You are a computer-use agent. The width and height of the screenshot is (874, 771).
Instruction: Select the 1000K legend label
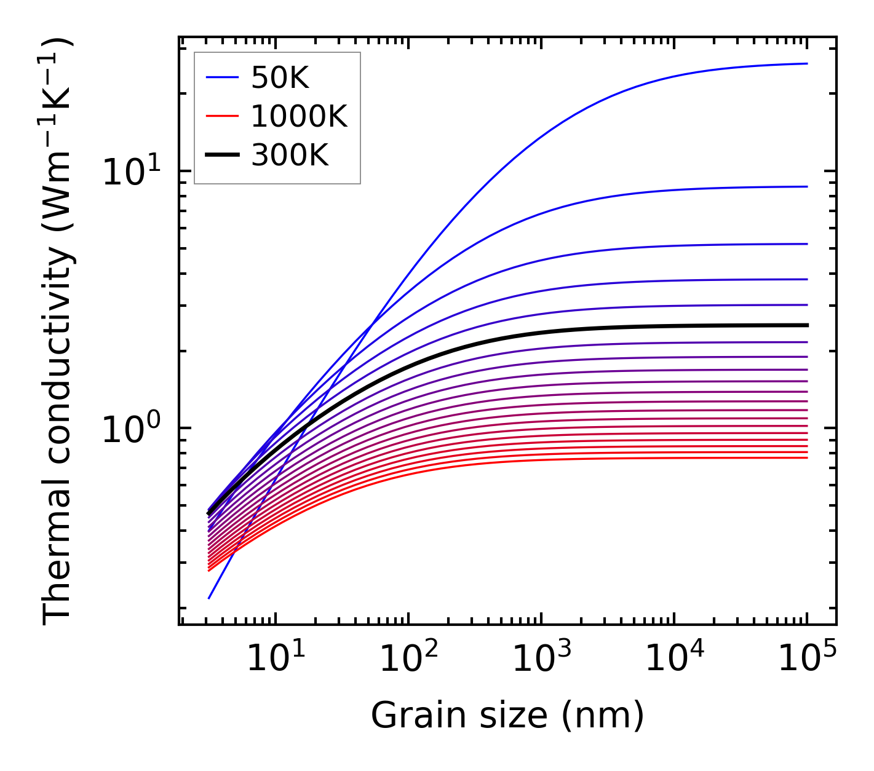299,116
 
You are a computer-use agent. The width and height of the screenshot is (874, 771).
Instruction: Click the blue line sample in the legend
221,77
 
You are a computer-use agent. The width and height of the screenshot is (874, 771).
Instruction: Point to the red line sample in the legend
221,116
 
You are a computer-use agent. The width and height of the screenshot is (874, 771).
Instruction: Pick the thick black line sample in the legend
221,156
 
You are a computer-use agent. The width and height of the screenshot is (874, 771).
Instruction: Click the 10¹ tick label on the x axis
275,660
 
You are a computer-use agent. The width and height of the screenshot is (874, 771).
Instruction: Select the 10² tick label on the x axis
408,660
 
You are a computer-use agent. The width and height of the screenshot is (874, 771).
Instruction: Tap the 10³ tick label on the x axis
541,660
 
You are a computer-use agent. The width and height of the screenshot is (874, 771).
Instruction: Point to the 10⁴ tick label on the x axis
673,660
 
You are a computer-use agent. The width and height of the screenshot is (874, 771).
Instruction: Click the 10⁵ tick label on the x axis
806,660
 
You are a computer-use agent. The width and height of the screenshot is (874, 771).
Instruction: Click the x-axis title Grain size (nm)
507,716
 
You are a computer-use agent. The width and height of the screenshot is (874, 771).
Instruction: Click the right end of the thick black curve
806,325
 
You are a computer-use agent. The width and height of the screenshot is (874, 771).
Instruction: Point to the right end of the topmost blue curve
806,63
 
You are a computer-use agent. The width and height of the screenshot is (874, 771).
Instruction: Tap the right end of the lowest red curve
806,457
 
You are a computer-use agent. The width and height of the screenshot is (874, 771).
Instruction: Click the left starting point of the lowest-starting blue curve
209,598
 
